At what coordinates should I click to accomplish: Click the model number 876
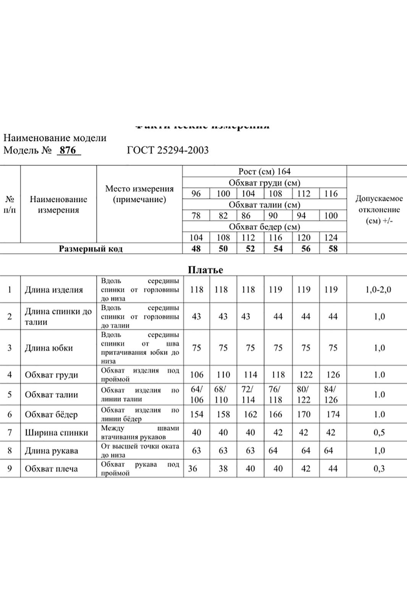point(68,150)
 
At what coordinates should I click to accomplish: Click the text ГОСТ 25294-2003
point(168,150)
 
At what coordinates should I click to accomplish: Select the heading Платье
point(205,270)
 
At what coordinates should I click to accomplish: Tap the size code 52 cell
point(250,249)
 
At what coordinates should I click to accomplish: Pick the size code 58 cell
point(333,249)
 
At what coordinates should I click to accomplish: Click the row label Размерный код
point(91,249)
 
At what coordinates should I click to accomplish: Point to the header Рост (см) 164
point(264,172)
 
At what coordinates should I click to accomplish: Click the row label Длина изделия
point(54,290)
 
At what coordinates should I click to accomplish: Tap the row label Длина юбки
point(48,348)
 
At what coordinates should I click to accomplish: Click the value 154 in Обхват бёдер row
point(197,415)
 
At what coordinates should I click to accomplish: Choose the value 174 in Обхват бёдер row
point(333,415)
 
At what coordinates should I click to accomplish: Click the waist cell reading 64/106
point(197,395)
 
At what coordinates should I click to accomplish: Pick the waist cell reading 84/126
point(331,395)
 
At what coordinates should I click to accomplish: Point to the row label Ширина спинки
point(57,433)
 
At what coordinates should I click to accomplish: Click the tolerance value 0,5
point(379,433)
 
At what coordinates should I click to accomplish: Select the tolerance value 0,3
point(379,469)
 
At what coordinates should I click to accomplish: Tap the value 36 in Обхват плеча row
point(193,469)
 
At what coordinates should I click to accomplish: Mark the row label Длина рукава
point(52,451)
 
